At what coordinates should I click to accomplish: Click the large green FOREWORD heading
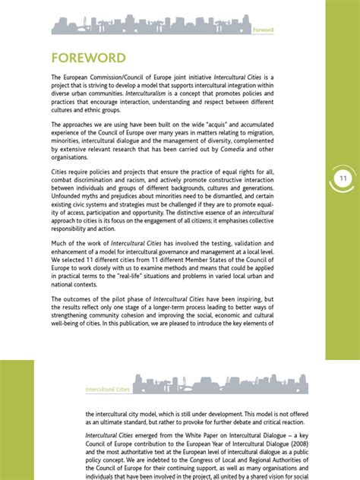[88, 58]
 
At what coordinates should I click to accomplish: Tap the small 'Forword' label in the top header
[263, 30]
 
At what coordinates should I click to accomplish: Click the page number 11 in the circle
[343, 178]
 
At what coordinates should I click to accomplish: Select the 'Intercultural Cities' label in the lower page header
[107, 389]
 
